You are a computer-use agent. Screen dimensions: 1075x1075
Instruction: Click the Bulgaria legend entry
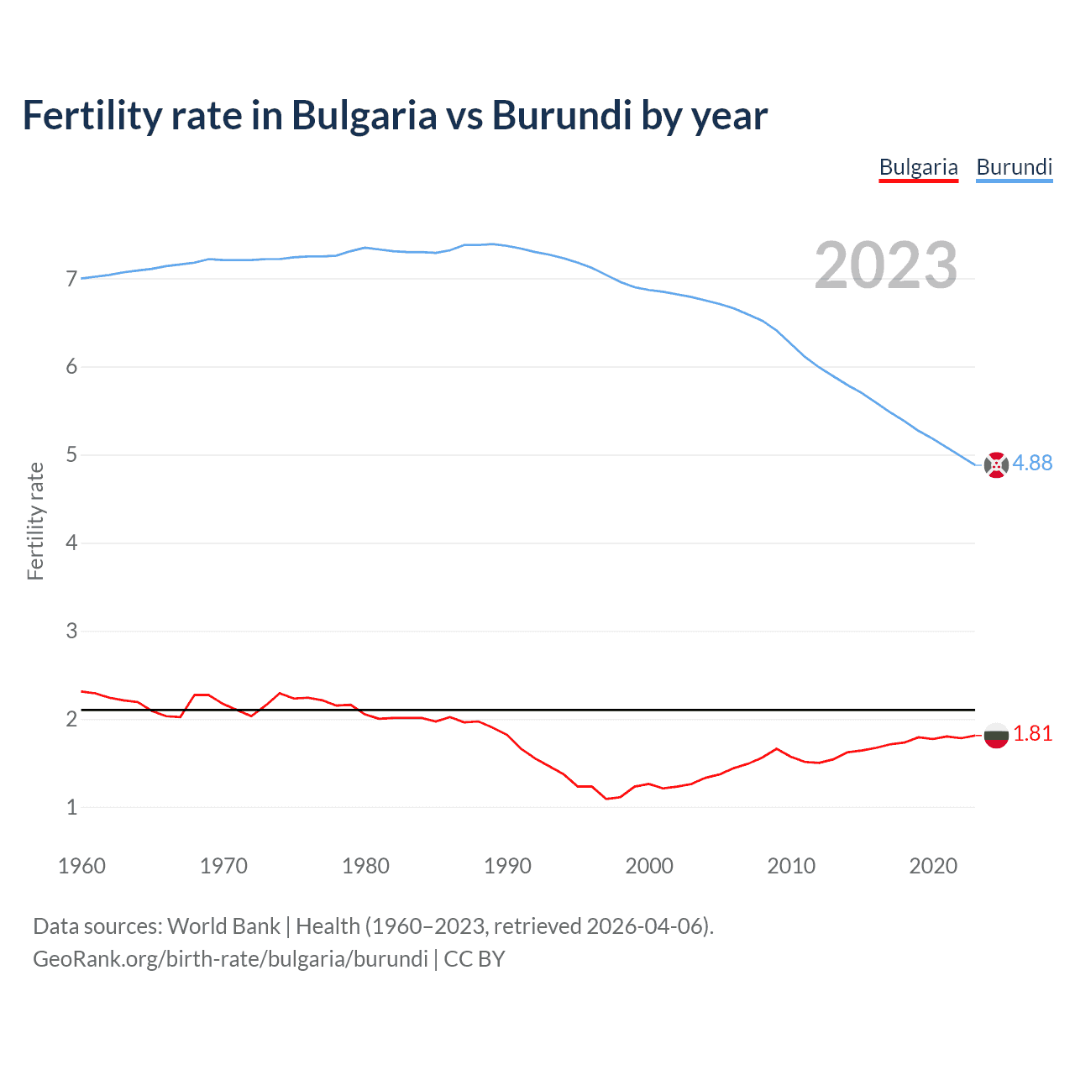918,167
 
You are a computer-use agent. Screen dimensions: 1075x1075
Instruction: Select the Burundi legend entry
1014,167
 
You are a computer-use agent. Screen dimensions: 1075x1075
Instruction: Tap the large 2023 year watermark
885,265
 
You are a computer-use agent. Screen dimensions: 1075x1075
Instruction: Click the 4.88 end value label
1032,464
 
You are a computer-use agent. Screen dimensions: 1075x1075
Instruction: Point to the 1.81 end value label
1032,734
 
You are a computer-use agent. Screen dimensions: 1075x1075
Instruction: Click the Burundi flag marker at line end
996,464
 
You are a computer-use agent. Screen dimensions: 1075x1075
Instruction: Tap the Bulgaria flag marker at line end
996,735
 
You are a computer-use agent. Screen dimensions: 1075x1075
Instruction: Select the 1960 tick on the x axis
81,866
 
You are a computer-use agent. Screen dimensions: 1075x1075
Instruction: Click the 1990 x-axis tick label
507,866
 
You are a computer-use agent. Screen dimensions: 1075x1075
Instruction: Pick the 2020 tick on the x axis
933,866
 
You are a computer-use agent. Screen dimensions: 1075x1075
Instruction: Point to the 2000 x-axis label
649,866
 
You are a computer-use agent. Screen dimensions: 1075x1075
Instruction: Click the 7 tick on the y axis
71,279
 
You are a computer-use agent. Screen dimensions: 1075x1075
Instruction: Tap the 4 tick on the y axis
71,543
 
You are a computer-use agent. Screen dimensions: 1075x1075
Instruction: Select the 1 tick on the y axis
71,807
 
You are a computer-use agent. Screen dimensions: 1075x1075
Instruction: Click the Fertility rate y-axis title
35,521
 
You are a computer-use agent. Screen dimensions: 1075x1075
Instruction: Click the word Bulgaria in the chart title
364,116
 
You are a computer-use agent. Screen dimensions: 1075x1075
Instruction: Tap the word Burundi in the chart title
561,116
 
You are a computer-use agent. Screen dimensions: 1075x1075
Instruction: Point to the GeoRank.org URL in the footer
230,959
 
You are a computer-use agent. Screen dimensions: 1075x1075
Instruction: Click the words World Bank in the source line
223,926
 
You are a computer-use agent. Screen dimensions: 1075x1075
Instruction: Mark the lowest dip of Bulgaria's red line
606,799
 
